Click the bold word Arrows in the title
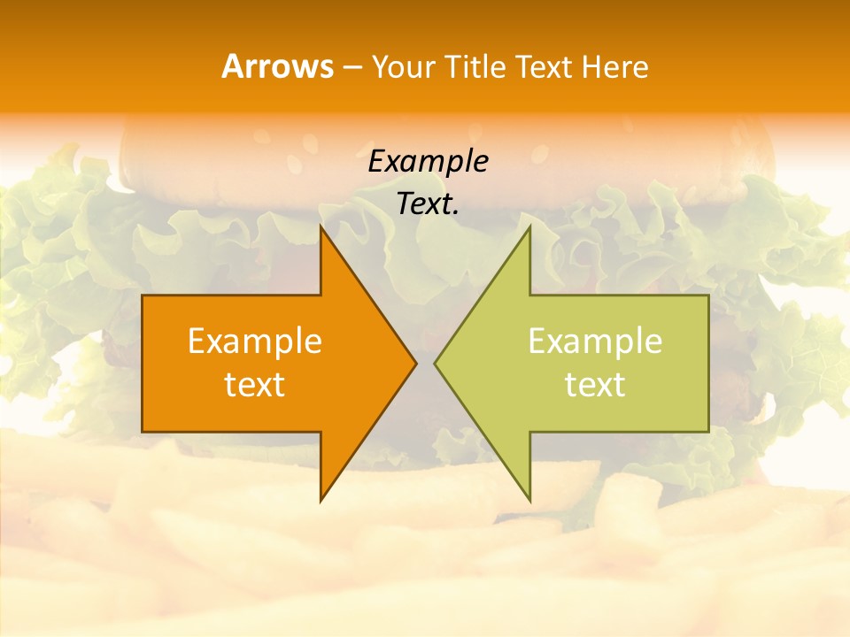(277, 66)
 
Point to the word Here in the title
(615, 66)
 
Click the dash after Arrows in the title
(352, 67)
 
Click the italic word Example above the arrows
(429, 161)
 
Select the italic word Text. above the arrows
(429, 203)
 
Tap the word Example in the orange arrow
(255, 342)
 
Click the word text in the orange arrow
(255, 384)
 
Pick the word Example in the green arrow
(595, 342)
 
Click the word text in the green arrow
(595, 384)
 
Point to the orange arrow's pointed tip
(415, 363)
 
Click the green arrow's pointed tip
(436, 363)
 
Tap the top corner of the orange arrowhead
(321, 227)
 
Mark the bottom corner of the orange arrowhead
(321, 500)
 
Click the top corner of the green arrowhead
(529, 227)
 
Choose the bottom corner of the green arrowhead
(529, 500)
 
